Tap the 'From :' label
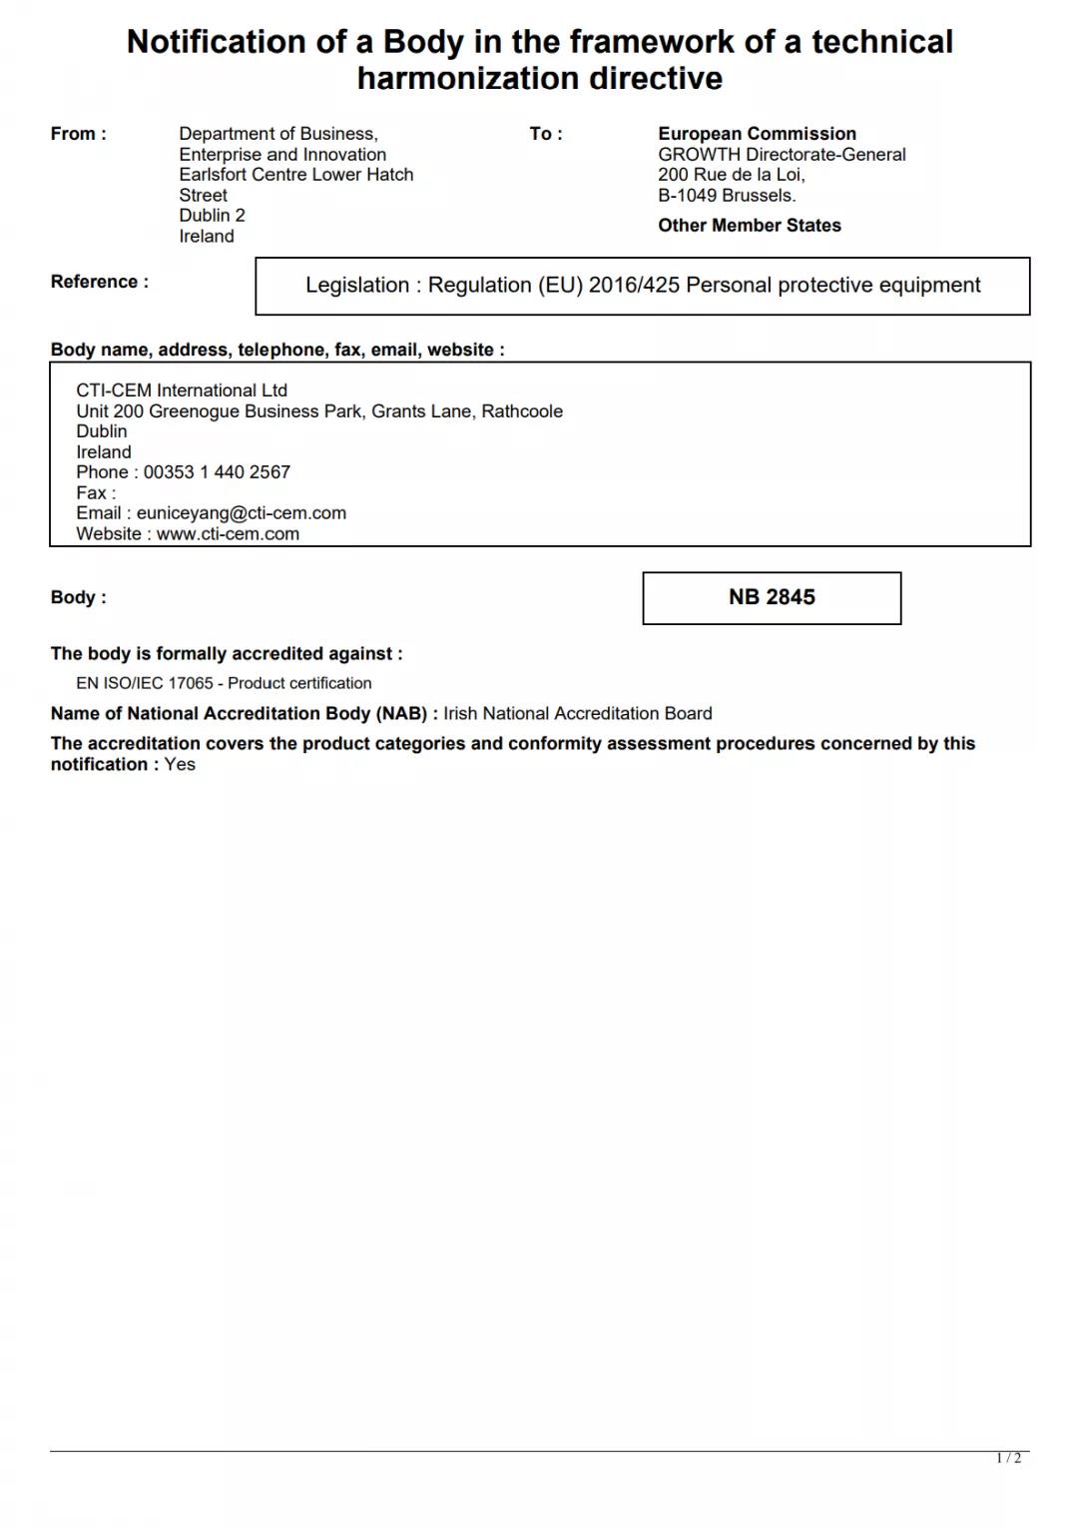pos(78,134)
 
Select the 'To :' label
pos(546,134)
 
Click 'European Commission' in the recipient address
pos(757,134)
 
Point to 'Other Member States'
pos(749,226)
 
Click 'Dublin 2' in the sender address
pos(212,216)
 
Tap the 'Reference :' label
pos(99,282)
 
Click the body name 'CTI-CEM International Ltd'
pos(182,390)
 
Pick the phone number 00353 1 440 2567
pos(217,472)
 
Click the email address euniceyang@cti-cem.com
pos(242,513)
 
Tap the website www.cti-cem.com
pos(228,534)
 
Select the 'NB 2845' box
pos(772,597)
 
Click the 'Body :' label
pos(78,597)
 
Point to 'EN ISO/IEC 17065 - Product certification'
pos(224,683)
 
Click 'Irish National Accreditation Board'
pos(578,714)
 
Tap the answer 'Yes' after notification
pos(180,765)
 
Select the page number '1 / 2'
pos(1008,1458)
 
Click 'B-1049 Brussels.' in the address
pos(727,196)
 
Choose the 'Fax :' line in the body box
pos(96,493)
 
